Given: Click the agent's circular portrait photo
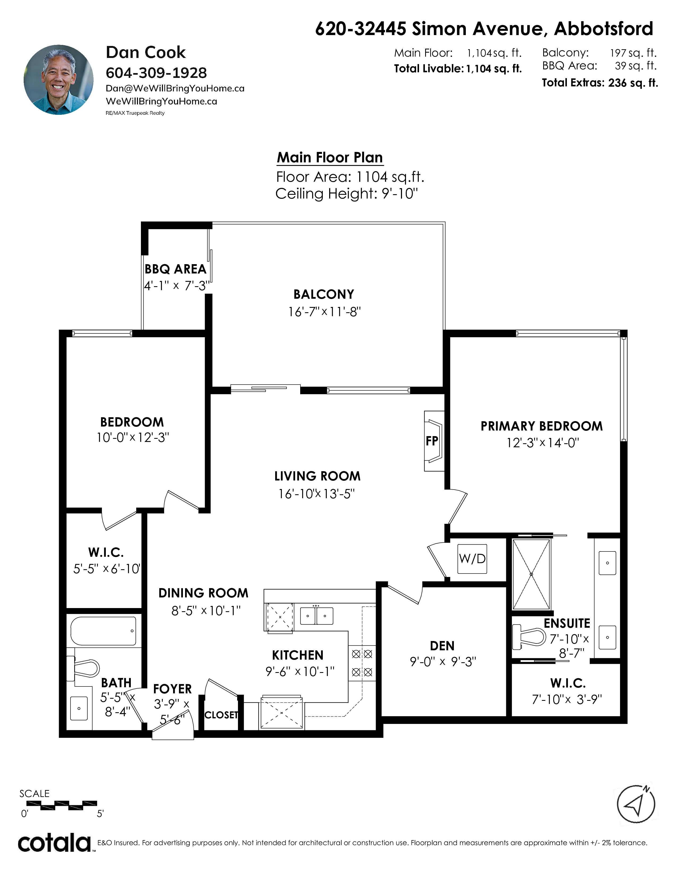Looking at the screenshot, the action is click(x=59, y=79).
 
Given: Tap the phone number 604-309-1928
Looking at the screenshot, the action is click(x=156, y=73).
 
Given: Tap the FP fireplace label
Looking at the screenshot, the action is click(x=432, y=441).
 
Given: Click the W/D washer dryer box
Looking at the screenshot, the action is click(x=472, y=559).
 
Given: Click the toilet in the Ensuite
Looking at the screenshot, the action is click(x=529, y=636).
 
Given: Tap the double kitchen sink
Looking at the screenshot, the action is click(x=316, y=615).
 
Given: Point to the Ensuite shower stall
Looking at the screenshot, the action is click(x=531, y=574).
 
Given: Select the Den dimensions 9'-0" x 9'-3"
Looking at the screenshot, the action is click(x=443, y=661).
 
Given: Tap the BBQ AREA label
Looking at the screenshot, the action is click(x=175, y=269).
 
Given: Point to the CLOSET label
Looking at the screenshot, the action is click(x=221, y=715).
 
